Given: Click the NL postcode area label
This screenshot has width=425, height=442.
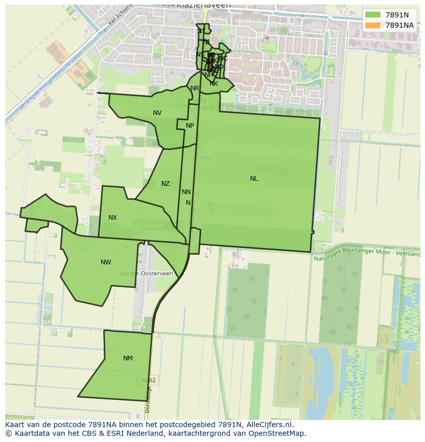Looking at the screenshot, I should tap(254, 179).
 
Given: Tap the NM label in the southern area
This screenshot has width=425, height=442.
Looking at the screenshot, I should tap(128, 358).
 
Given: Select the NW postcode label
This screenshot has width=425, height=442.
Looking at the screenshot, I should tap(106, 262).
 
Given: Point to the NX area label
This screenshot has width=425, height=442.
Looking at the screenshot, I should tap(112, 218).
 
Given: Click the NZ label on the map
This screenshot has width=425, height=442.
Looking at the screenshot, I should tap(165, 184).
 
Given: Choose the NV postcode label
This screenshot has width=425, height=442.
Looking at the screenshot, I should tap(157, 113).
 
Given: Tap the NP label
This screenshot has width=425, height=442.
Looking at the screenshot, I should tap(190, 126).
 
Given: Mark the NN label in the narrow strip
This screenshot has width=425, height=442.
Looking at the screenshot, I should tap(186, 192).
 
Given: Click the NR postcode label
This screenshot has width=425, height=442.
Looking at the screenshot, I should tap(195, 88).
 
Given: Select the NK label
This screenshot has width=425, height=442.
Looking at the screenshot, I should tap(214, 83).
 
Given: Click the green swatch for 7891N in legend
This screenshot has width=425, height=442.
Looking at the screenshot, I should tap(373, 15).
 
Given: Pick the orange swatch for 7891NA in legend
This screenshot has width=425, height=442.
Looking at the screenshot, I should tap(373, 25).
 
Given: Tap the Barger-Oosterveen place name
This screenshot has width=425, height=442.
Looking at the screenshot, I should tap(146, 274).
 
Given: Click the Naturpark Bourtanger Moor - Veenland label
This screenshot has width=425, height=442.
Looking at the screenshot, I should tap(366, 255).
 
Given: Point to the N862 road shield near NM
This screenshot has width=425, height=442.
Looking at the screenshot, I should tap(148, 380).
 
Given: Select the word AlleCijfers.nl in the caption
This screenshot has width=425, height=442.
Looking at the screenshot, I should tap(269, 425).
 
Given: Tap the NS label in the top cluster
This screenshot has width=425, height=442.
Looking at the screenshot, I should tap(199, 54).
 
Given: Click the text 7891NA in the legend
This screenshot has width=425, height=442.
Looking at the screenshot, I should tap(399, 25).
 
